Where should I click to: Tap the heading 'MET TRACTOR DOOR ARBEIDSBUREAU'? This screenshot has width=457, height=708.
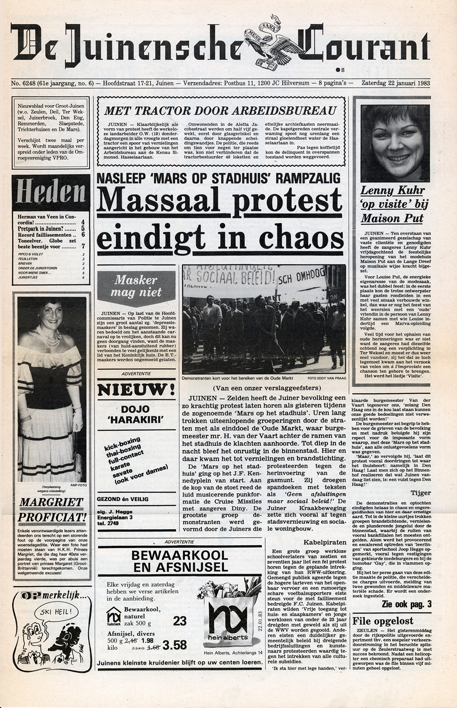220,110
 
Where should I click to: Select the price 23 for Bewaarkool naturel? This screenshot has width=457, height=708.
180,620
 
